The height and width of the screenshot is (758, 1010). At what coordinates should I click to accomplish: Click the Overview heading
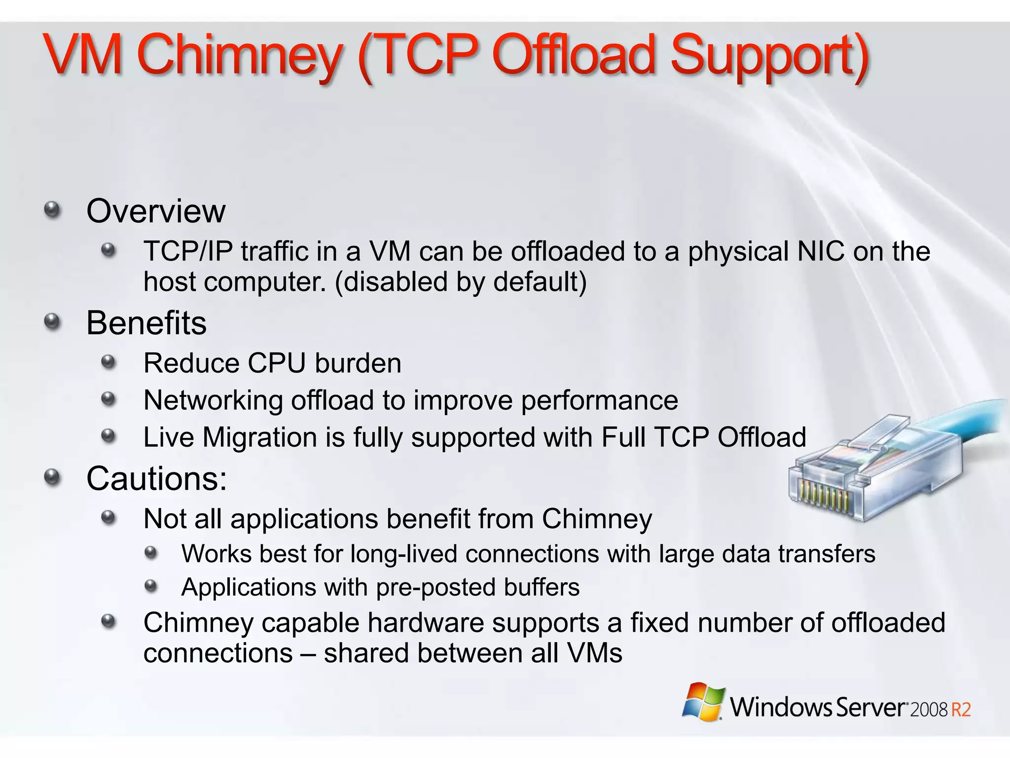[x=156, y=211]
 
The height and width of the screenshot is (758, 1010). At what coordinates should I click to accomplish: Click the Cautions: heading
[x=156, y=479]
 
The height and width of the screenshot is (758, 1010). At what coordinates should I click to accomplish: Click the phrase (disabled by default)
[x=461, y=282]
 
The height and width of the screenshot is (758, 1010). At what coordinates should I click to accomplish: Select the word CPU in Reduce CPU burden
[x=277, y=364]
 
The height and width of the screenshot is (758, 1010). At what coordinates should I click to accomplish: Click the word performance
[x=599, y=400]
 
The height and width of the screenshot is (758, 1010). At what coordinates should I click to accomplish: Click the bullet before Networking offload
[x=108, y=399]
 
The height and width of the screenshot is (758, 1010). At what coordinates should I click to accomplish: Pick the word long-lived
[x=404, y=554]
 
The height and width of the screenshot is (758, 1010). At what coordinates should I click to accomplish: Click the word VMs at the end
[x=594, y=653]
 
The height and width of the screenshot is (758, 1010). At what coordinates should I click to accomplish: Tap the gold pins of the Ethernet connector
[x=824, y=495]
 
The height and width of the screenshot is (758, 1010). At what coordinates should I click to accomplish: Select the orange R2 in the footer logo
[x=961, y=710]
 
